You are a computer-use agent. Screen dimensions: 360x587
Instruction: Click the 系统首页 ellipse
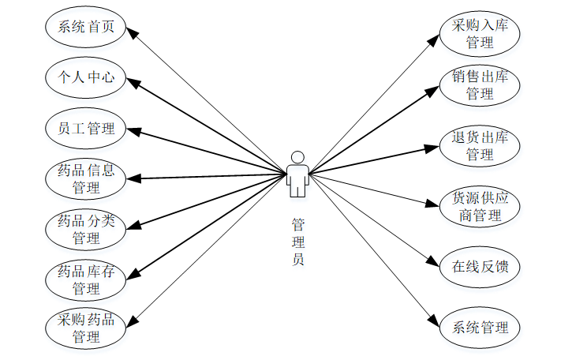tap(86, 28)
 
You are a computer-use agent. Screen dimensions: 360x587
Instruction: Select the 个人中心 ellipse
tap(86, 77)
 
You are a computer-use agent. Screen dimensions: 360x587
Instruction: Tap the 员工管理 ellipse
tap(86, 128)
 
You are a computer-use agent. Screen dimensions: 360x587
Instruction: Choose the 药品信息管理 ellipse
tap(86, 178)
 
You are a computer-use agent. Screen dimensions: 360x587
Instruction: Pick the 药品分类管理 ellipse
tap(86, 229)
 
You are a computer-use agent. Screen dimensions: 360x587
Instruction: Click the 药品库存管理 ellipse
tap(86, 280)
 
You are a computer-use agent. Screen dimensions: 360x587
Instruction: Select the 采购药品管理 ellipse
tap(86, 328)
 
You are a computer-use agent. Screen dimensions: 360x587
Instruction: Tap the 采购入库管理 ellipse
tap(480, 33)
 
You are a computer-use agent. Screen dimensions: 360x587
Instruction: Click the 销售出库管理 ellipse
tap(480, 84)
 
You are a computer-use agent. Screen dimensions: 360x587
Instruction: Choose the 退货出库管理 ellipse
tap(480, 145)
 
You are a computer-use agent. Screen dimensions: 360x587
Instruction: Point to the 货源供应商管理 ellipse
tap(480, 205)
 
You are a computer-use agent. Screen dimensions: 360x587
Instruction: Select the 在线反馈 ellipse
tap(480, 266)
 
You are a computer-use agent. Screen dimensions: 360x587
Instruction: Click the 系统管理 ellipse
tap(480, 327)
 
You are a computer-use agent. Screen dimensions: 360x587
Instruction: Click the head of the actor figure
tap(297, 156)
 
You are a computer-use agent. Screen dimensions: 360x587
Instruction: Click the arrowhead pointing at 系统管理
tap(434, 320)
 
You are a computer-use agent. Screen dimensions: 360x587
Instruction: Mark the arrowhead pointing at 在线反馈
tap(433, 262)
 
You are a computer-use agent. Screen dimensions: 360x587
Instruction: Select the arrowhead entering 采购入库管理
tap(435, 39)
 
